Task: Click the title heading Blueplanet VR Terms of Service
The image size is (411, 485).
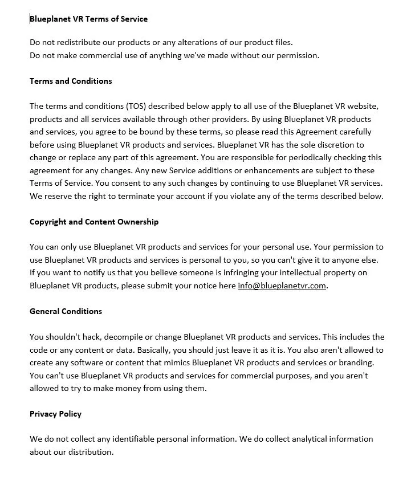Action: pos(88,19)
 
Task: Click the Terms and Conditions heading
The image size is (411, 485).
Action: pos(71,81)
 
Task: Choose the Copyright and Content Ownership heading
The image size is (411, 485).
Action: pos(94,222)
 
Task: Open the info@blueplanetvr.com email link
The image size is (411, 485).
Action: pos(282,286)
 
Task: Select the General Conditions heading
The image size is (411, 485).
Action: pos(66,311)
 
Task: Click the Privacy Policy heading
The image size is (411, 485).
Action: pos(55,414)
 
